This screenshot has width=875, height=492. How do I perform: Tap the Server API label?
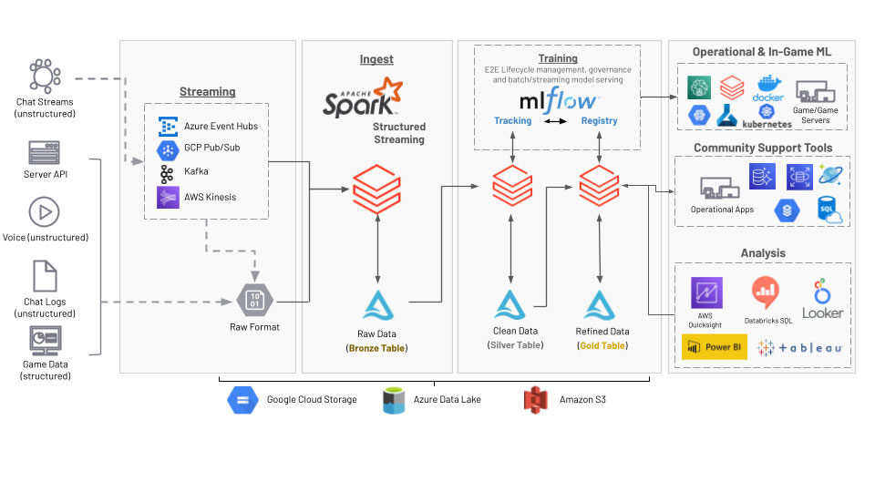(x=46, y=174)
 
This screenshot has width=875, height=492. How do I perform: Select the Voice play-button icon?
(x=45, y=212)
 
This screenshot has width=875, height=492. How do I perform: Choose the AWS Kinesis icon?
(x=168, y=197)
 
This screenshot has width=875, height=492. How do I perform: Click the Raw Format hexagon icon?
(x=254, y=300)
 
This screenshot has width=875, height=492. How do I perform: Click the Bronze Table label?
(x=376, y=348)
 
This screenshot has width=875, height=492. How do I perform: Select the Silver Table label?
(x=516, y=345)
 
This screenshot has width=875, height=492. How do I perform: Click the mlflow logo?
(x=558, y=99)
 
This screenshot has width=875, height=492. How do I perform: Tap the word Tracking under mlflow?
(x=512, y=121)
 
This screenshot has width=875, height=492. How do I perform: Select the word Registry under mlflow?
(x=599, y=121)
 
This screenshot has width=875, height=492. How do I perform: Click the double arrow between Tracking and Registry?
(x=556, y=121)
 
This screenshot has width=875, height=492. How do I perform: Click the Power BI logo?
(x=715, y=347)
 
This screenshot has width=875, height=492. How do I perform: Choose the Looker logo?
(x=822, y=300)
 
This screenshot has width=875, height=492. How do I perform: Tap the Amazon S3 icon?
(x=535, y=399)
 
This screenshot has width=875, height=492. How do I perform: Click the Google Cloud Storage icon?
(x=243, y=399)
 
